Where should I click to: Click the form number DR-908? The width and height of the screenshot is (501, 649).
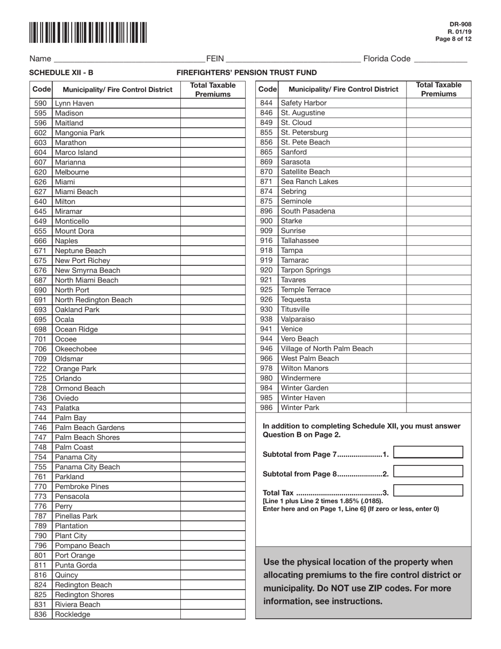[460, 24]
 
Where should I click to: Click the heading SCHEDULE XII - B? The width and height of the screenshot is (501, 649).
[61, 73]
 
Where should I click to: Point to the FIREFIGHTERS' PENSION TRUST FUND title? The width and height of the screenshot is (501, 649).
[246, 73]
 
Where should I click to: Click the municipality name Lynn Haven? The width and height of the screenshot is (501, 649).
[74, 103]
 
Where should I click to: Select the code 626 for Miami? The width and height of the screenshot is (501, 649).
[41, 182]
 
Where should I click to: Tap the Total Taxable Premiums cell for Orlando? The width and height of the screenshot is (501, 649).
[213, 378]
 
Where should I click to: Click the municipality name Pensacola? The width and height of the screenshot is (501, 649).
[72, 497]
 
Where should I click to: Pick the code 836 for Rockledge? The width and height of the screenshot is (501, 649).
[41, 614]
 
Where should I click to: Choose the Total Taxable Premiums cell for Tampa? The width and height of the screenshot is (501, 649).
[438, 251]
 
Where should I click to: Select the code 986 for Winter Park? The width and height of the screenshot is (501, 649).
[266, 408]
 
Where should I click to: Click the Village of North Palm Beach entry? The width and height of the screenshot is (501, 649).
[326, 349]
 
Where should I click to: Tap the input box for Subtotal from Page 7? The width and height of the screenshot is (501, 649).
[428, 452]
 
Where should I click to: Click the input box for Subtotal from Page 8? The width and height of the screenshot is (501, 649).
[428, 472]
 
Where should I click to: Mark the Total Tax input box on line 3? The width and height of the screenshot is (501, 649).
[428, 491]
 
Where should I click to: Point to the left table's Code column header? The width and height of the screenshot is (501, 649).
[41, 90]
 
